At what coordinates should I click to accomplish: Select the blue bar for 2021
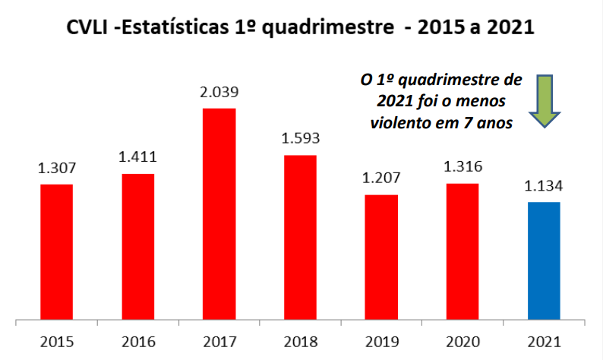[x=543, y=261]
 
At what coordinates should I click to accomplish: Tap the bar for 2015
[x=56, y=251]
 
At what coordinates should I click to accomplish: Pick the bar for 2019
[x=381, y=257]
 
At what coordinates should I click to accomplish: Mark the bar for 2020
[x=462, y=251]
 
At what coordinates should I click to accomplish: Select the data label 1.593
[x=300, y=139]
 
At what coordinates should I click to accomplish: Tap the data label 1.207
[x=381, y=180]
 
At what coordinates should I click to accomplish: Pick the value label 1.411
[x=137, y=158]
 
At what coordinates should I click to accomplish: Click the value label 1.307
[x=56, y=169]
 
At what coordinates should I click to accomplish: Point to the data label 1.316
[x=462, y=168]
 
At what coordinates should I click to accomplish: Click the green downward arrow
[x=545, y=103]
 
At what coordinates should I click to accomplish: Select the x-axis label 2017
[x=219, y=341]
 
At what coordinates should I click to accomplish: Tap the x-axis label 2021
[x=543, y=341]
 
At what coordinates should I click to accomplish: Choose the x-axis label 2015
[x=56, y=341]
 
